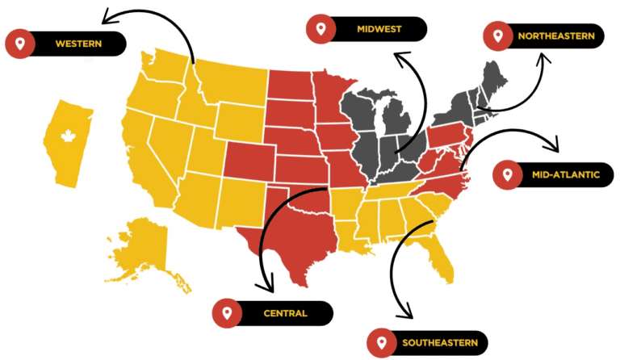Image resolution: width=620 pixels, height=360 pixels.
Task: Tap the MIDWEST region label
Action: [x=379, y=29]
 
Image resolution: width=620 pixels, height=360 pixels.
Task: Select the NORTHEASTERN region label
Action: [x=556, y=36]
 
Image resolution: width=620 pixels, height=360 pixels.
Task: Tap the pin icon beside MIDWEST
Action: [x=320, y=29]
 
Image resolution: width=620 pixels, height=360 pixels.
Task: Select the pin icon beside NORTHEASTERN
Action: [x=496, y=36]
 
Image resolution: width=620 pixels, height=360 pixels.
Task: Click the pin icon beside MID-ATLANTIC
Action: [x=506, y=174]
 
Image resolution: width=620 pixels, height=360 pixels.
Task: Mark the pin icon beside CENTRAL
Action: [x=227, y=312]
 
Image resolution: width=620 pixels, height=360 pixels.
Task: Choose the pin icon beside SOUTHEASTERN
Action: [x=380, y=343]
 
